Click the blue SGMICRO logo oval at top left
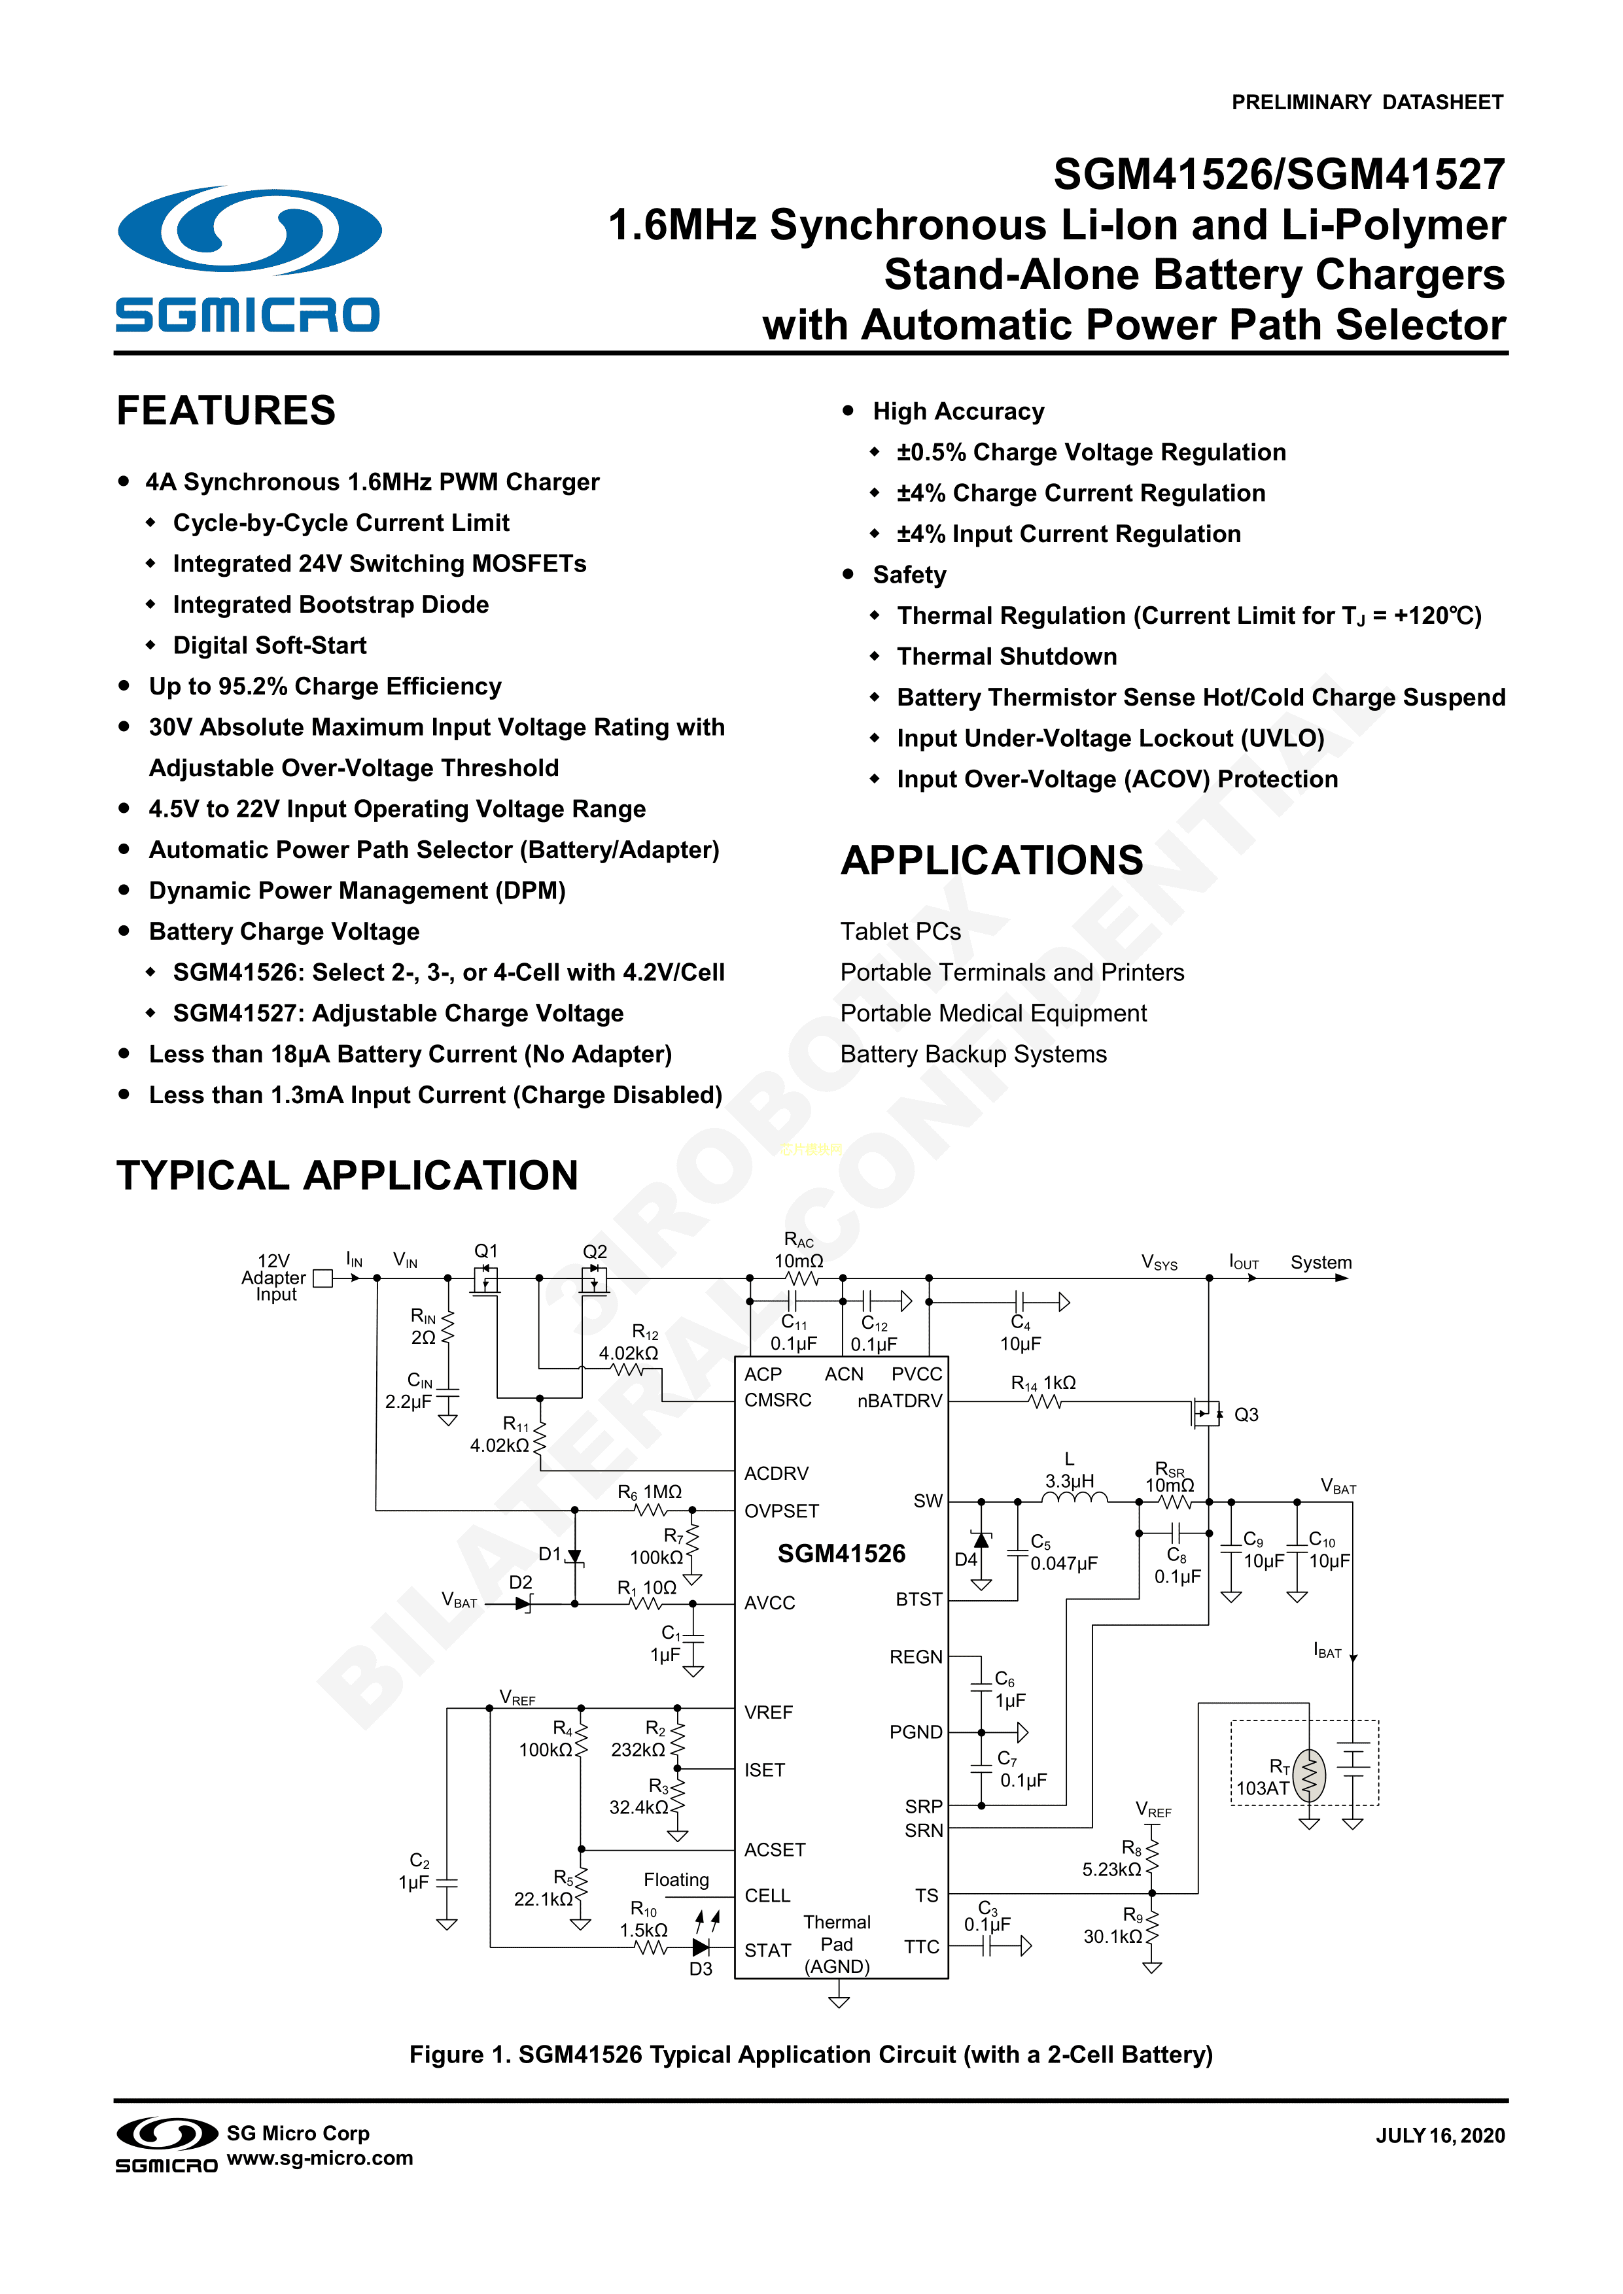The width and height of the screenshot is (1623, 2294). tap(249, 229)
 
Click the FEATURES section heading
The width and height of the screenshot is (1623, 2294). tap(226, 411)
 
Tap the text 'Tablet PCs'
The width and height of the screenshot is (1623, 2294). tap(899, 931)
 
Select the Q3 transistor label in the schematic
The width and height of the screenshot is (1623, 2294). tap(1246, 1414)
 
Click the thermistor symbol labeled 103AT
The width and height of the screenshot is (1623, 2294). tap(1309, 1775)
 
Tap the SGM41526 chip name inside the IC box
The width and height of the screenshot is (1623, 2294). tap(841, 1554)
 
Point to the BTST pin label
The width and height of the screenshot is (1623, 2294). tap(918, 1600)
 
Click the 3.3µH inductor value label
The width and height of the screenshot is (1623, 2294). tap(1070, 1481)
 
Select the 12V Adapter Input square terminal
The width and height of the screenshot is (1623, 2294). tap(322, 1278)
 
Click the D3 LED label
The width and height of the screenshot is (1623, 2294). tap(701, 1968)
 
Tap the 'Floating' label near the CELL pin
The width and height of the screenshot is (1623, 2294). tap(676, 1879)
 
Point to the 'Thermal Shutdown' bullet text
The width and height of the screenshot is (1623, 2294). tap(1006, 657)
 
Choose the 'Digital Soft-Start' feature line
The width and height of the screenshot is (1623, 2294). tap(270, 645)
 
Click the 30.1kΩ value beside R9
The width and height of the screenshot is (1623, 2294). tap(1112, 1936)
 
